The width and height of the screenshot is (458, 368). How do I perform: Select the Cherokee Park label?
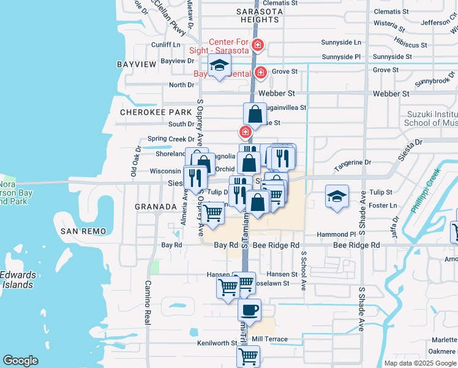(x=148, y=112)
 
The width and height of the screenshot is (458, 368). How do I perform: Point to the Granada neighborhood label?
(x=156, y=207)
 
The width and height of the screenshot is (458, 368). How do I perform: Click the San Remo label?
(x=83, y=231)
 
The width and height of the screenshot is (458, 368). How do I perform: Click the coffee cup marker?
(x=249, y=309)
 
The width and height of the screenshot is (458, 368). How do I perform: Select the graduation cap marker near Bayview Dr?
(x=219, y=65)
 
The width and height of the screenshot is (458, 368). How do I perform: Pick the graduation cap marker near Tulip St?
(x=337, y=196)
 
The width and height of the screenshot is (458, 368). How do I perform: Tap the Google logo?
(x=20, y=361)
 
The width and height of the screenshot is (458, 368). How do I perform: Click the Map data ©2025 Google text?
(x=419, y=363)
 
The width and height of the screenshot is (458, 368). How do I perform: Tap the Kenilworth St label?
(x=217, y=343)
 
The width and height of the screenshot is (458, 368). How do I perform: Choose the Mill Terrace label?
(x=269, y=339)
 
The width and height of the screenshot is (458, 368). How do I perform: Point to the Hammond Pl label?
(x=336, y=234)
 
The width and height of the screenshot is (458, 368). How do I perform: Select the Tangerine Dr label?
(x=352, y=163)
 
